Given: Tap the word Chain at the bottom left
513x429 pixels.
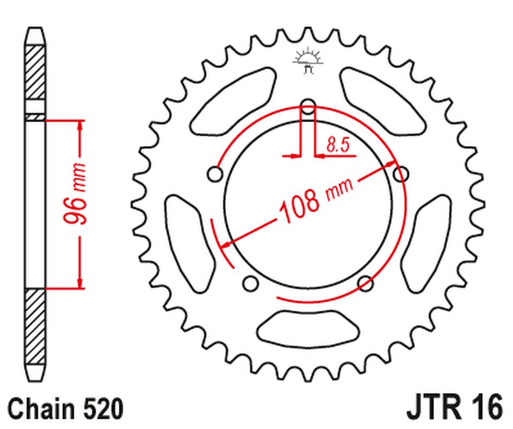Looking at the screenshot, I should pos(44,408).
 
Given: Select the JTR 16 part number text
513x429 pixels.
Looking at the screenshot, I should pos(455,407).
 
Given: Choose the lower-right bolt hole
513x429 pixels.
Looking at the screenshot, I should pos(365,283).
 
